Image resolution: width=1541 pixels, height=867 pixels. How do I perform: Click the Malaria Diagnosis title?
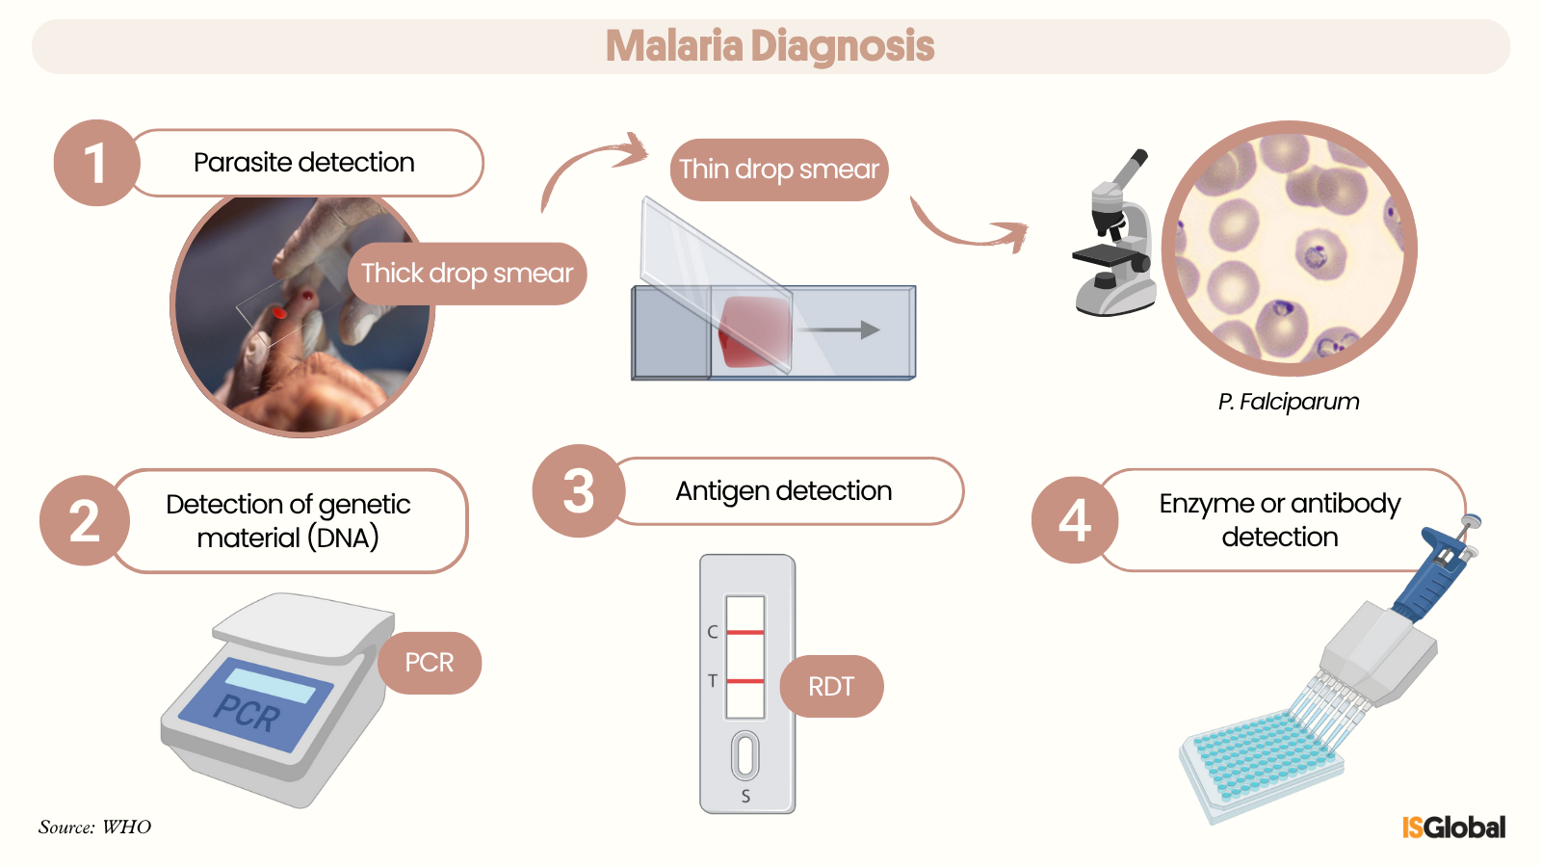[x=770, y=46]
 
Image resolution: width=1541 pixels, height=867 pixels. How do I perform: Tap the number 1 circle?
[x=95, y=163]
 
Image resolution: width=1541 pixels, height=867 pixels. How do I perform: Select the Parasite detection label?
[x=304, y=163]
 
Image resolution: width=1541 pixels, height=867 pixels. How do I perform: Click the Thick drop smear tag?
[x=467, y=274]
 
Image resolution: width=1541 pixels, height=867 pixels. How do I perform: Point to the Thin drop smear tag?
[x=778, y=170]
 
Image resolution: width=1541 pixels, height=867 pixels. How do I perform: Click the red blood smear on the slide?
[x=754, y=330]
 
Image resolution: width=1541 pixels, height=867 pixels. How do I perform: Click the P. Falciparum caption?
[x=1288, y=402]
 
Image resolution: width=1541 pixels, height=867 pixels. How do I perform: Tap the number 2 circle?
[x=85, y=521]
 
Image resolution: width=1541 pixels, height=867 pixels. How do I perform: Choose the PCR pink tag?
[x=430, y=663]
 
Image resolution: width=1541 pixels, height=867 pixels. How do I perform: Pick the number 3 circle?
[x=578, y=490]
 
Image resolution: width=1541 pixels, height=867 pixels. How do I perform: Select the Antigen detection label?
[x=784, y=491]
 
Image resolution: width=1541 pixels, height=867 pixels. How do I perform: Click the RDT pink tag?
[x=831, y=687]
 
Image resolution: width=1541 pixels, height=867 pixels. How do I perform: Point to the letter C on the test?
[x=713, y=632]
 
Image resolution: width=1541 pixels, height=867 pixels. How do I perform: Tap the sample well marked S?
[x=745, y=755]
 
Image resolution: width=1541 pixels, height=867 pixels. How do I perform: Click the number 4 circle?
[x=1075, y=520]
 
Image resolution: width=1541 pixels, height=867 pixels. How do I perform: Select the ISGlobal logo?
[x=1453, y=828]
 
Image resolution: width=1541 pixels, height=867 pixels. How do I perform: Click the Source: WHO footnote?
[x=94, y=827]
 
